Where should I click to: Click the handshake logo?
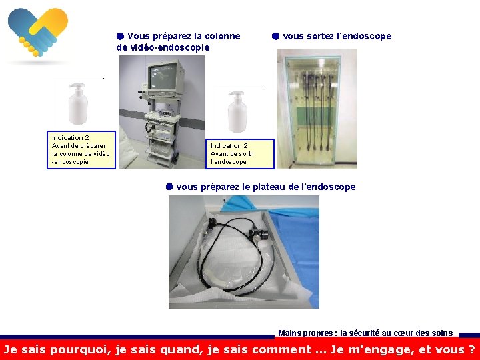click(38, 32)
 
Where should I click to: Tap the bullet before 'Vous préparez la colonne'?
click(120, 36)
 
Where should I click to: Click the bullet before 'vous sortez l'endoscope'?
click(275, 36)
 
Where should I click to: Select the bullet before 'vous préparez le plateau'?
click(169, 187)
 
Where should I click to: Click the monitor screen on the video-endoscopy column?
click(162, 77)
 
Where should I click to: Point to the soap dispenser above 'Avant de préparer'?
click(78, 103)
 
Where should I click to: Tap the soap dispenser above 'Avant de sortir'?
click(237, 111)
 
